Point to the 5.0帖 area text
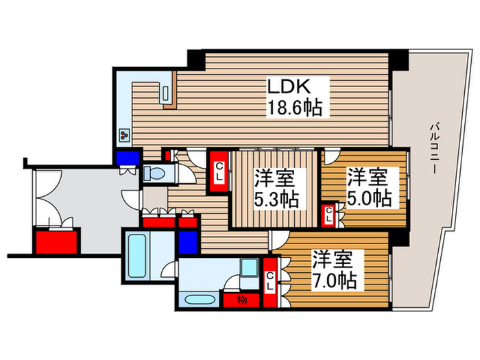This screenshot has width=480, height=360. pos(368,199)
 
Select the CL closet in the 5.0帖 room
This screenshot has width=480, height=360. pos(330,215)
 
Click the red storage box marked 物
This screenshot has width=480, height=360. pos(242,299)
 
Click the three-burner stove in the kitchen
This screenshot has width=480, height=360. pos(125,135)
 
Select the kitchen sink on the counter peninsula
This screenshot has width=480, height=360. pos(167,95)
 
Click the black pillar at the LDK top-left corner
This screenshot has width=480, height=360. pos(195,60)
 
